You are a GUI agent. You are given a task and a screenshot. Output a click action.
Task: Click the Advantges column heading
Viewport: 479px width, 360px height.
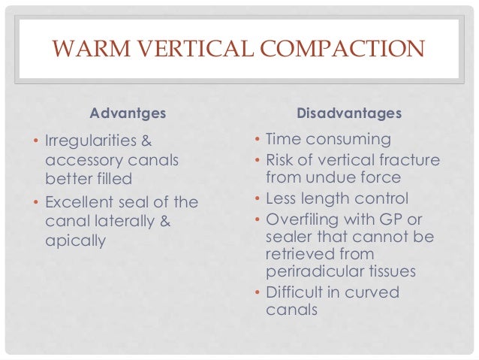128,114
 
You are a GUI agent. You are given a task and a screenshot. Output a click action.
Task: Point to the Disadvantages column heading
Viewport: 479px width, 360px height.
349,114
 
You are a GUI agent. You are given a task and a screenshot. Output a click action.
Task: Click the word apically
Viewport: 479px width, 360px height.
74,242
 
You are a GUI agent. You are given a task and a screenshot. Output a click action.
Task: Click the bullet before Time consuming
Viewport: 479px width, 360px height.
258,140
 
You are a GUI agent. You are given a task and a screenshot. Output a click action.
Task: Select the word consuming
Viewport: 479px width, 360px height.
353,140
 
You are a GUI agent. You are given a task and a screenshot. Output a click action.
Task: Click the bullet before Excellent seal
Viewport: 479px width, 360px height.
37,202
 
